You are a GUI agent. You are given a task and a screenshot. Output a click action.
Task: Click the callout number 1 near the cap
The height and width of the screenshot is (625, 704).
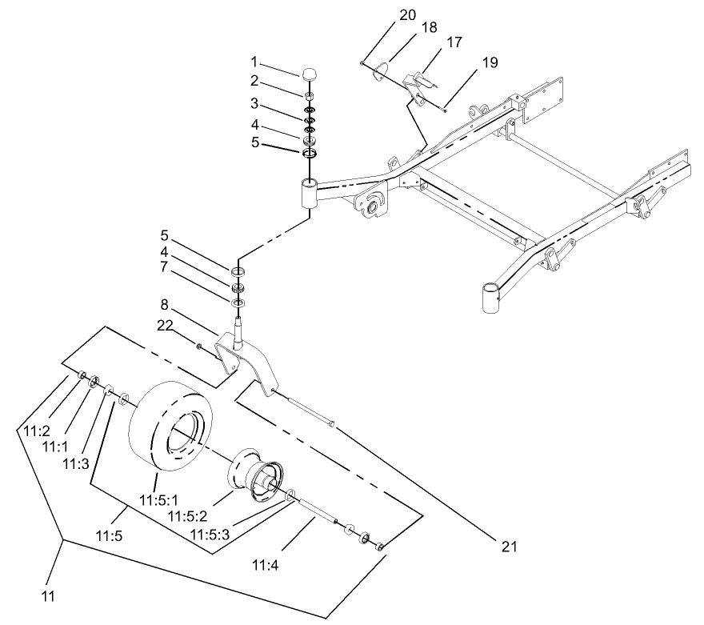(x=254, y=62)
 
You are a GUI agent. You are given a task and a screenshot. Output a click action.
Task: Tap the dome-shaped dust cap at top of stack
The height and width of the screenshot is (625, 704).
(x=310, y=75)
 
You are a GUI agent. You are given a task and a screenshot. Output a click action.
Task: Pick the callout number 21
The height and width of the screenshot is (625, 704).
(x=509, y=547)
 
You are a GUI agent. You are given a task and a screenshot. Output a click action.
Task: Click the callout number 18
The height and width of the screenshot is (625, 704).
(x=429, y=27)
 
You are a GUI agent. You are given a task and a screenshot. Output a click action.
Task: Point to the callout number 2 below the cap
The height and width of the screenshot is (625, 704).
(x=254, y=81)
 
